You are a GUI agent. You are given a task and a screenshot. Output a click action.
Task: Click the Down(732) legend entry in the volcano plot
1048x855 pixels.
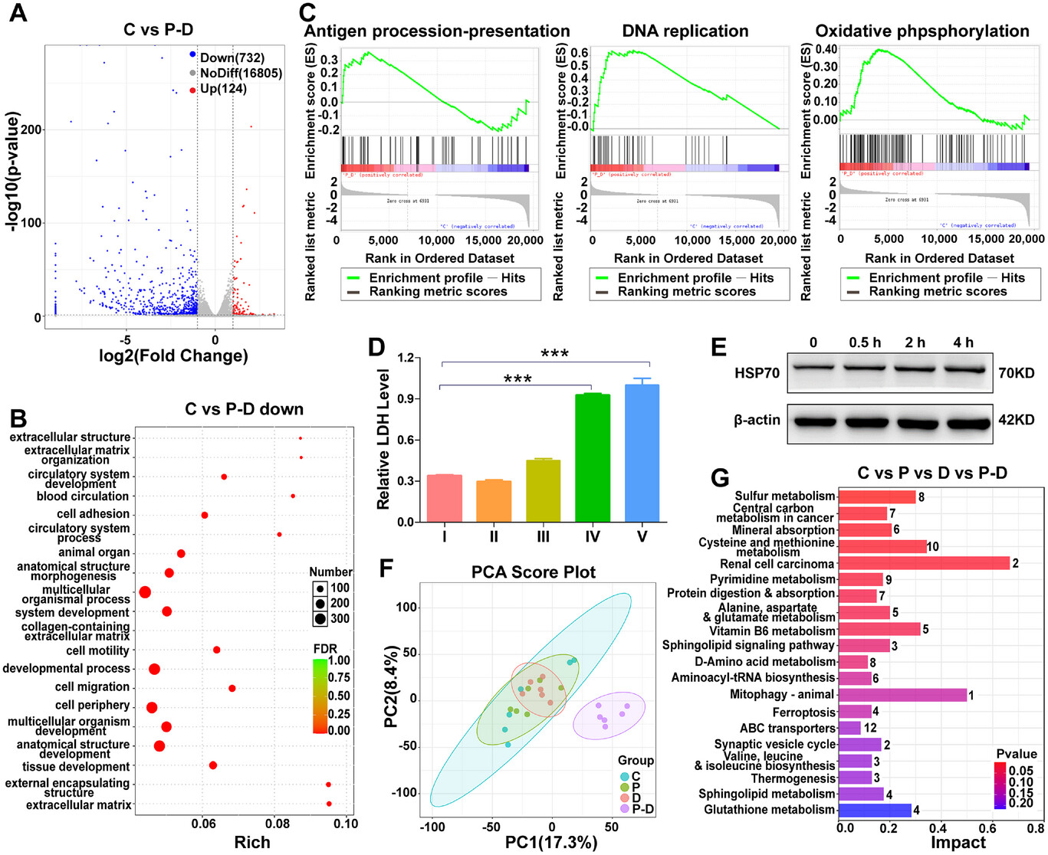pyautogui.click(x=232, y=57)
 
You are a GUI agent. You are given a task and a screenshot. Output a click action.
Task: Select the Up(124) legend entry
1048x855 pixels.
pyautogui.click(x=223, y=89)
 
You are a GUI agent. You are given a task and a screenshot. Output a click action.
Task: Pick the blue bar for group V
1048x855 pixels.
pyautogui.click(x=642, y=452)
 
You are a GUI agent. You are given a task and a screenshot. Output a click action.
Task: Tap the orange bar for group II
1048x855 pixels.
pyautogui.click(x=494, y=501)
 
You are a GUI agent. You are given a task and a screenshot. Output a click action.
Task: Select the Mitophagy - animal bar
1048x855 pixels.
pyautogui.click(x=902, y=695)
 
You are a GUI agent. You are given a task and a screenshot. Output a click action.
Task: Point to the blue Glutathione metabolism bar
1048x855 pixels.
pyautogui.click(x=875, y=810)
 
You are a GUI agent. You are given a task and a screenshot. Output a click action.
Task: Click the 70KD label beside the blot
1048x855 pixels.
pyautogui.click(x=1017, y=374)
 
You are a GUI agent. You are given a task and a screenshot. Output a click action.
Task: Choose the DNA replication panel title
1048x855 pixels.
pyautogui.click(x=685, y=31)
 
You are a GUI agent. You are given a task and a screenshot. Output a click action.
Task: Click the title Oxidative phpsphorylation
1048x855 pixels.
pyautogui.click(x=922, y=31)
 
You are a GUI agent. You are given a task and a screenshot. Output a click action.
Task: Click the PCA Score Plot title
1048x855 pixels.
pyautogui.click(x=534, y=572)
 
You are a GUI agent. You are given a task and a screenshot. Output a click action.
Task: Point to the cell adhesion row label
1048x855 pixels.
pyautogui.click(x=93, y=514)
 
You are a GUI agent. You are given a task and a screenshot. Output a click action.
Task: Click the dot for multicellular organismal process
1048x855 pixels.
pyautogui.click(x=144, y=592)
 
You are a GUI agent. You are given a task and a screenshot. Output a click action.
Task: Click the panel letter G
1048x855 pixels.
pyautogui.click(x=720, y=478)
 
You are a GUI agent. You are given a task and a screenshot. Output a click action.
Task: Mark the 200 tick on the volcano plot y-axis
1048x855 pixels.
pyautogui.click(x=31, y=129)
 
